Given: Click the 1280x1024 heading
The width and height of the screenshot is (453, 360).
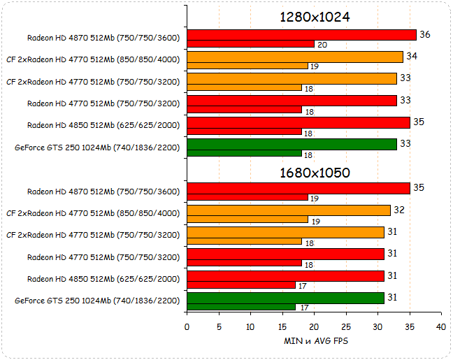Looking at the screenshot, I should (x=315, y=17).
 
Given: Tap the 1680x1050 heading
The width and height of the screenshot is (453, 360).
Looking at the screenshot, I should (x=315, y=172).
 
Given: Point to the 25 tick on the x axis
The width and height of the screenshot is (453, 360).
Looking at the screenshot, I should (x=345, y=327).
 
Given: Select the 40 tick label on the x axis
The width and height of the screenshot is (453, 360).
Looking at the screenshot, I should (x=440, y=327).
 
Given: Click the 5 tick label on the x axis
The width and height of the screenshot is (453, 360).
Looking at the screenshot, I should (x=219, y=327).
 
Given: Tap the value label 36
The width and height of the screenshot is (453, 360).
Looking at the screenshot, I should (x=425, y=35).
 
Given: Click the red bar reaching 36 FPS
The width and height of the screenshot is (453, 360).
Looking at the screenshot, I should (x=301, y=35).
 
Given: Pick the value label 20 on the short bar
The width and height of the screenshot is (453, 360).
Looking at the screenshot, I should (x=322, y=44).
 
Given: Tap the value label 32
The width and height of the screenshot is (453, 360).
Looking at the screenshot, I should (x=399, y=210).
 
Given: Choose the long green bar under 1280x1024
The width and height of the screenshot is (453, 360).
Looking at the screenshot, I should (x=292, y=144).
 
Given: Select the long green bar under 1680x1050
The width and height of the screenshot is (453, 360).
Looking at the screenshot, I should (x=285, y=298).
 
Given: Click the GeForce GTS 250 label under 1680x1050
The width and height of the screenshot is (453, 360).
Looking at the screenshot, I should (x=97, y=301).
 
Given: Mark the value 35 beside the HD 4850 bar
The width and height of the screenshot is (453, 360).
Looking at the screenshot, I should (x=419, y=122).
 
